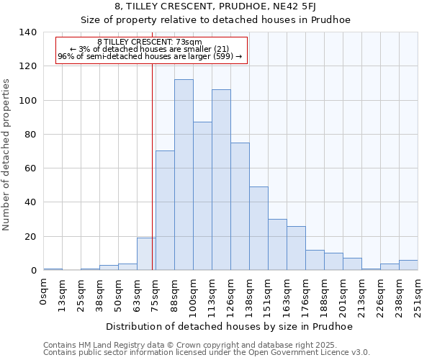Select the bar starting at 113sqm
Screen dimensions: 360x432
pos(221,180)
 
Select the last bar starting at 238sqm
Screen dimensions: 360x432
pos(408,265)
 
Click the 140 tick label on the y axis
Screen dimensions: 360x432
pos(28,32)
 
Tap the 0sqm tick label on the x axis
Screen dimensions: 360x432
pos(44,292)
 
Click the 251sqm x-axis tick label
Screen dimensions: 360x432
pos(418,296)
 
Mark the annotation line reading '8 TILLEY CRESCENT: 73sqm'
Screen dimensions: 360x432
pos(150,42)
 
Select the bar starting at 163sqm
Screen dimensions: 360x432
pos(296,248)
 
